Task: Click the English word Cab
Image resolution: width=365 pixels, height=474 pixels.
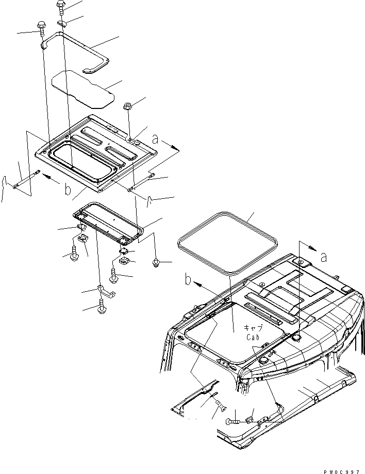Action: (253, 337)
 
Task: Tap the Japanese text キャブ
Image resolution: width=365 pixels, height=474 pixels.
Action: (253, 328)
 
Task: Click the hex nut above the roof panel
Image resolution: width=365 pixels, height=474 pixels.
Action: (128, 107)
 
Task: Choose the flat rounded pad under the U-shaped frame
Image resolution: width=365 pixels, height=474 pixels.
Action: (82, 87)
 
